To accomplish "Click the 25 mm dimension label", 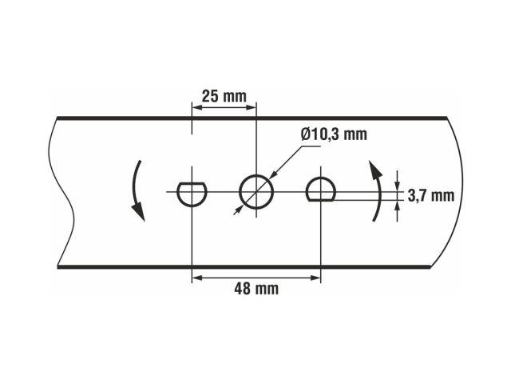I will click(224, 96).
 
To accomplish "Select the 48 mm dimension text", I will click(255, 289).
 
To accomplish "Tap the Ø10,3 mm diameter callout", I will click(334, 134).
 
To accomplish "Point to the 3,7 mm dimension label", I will click(430, 194).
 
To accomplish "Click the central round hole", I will click(256, 191).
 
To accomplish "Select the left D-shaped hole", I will click(192, 193).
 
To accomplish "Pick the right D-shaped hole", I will click(321, 190).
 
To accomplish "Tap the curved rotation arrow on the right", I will click(376, 190).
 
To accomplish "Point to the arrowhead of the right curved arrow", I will click(373, 167).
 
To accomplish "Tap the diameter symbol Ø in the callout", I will click(307, 134).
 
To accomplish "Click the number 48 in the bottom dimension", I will click(243, 289).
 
